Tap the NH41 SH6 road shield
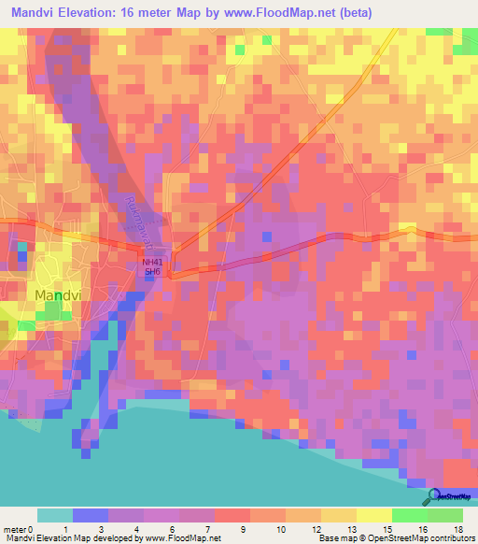152,267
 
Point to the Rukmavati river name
136,219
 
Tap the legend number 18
458,528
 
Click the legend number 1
66,528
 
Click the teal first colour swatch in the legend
54,515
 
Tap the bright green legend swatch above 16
410,515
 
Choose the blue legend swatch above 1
90,515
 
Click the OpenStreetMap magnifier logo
430,496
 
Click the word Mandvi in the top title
36,13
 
